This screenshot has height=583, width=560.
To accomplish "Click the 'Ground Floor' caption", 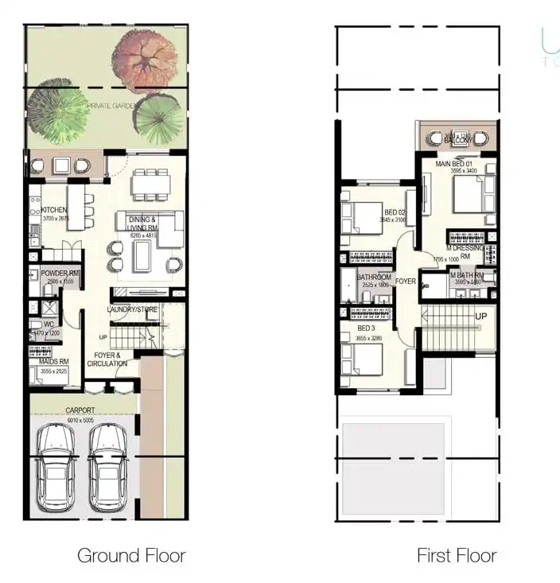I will coord(131,555).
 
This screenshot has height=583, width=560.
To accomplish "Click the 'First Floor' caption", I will coord(457,555).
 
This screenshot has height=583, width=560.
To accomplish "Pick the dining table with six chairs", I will coord(151,184).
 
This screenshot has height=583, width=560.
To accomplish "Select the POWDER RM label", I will coord(60,273).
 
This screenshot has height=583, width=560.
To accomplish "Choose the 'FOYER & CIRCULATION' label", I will coord(107,360).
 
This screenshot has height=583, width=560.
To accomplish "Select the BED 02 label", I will coord(395,212).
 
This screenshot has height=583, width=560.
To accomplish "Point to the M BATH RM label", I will coord(469,276).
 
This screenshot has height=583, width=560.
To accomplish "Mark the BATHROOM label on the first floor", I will coord(373,277).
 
